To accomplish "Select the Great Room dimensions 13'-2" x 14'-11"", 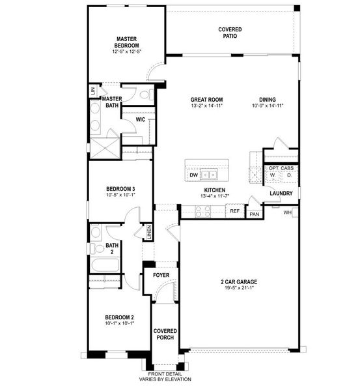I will pyautogui.click(x=206, y=106).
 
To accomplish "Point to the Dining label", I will pyautogui.click(x=267, y=100).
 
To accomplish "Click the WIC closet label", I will pyautogui.click(x=140, y=120).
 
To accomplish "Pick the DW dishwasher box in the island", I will pyautogui.click(x=193, y=175).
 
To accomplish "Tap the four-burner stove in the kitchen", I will pyautogui.click(x=202, y=210).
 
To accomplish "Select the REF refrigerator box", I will pyautogui.click(x=234, y=210).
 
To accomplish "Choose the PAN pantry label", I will pyautogui.click(x=255, y=214).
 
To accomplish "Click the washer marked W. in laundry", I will pyautogui.click(x=272, y=175).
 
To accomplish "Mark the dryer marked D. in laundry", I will pyautogui.click(x=289, y=175).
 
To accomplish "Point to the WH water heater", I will pyautogui.click(x=288, y=212).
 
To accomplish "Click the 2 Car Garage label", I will pyautogui.click(x=238, y=282).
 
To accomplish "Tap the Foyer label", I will pyautogui.click(x=161, y=275).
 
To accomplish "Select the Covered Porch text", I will pyautogui.click(x=165, y=334).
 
